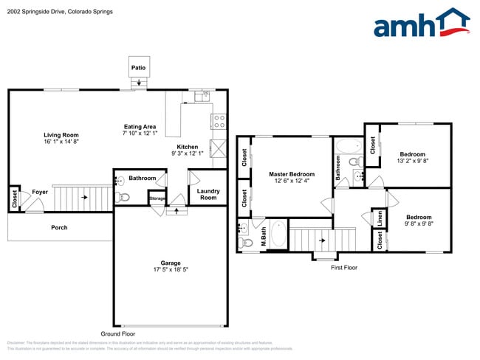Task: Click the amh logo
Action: click(x=421, y=24)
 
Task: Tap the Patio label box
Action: click(x=138, y=68)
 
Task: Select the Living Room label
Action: click(x=61, y=135)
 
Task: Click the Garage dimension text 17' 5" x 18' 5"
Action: click(x=171, y=270)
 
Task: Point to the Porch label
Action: click(x=59, y=227)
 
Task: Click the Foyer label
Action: click(x=39, y=193)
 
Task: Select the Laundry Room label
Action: click(x=208, y=194)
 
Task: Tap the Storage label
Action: click(x=157, y=198)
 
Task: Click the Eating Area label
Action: click(x=139, y=127)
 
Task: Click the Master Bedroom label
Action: click(x=291, y=174)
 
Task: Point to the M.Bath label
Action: click(x=264, y=238)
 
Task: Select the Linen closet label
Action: click(x=379, y=218)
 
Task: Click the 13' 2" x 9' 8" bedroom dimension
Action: click(x=412, y=160)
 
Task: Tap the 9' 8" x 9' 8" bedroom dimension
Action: click(x=418, y=224)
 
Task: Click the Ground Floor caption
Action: click(x=118, y=333)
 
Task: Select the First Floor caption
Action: click(x=343, y=267)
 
